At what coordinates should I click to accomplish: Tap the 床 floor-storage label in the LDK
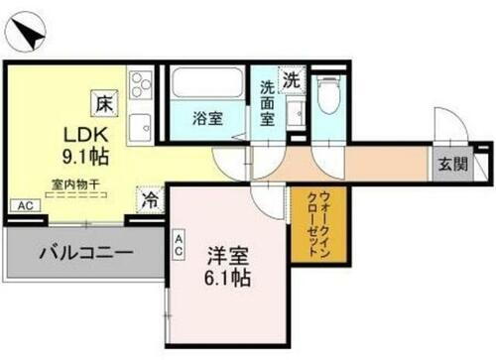click(104, 100)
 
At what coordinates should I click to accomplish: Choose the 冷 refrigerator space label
click(150, 198)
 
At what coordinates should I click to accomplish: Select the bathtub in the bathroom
click(207, 83)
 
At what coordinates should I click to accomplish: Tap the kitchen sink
click(140, 125)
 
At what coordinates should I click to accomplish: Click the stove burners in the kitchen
click(140, 82)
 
